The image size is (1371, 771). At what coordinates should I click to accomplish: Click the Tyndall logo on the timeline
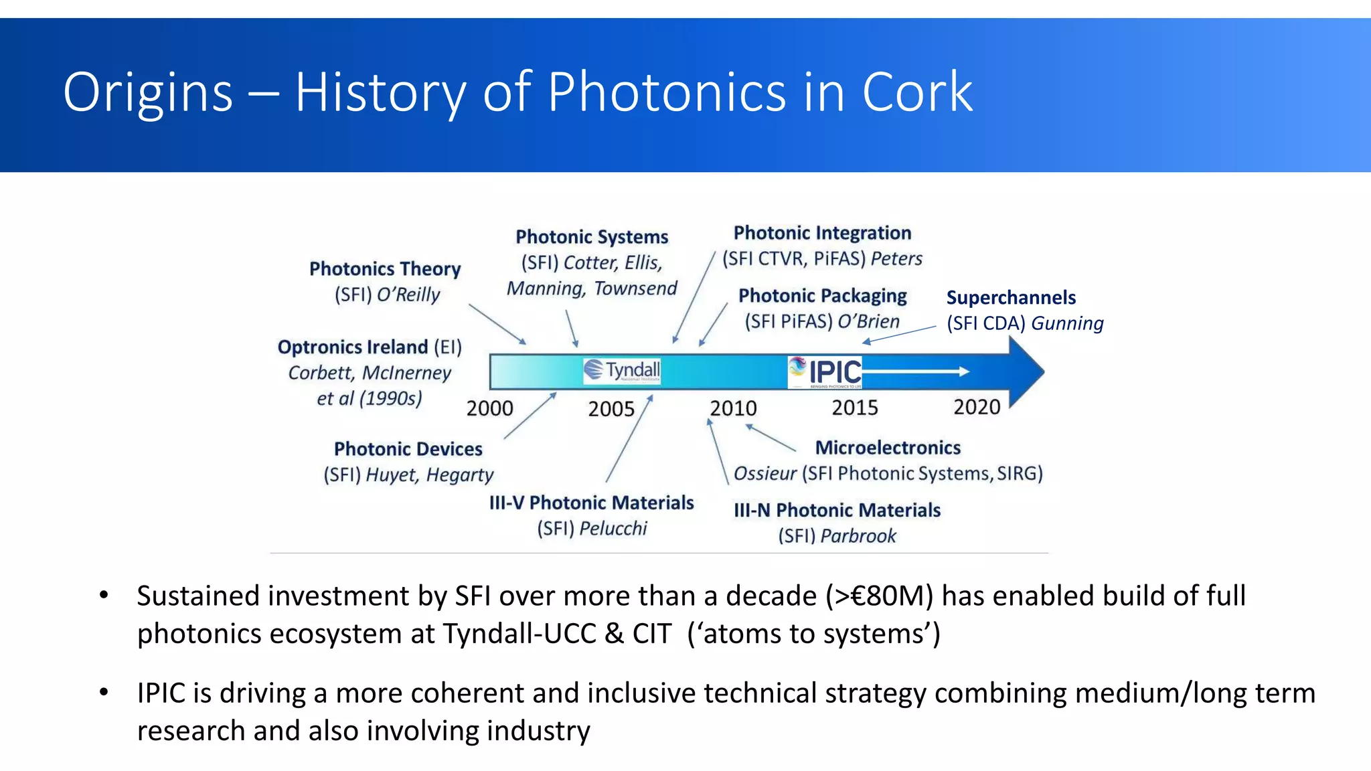[622, 371]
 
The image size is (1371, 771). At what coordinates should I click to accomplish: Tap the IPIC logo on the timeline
[825, 372]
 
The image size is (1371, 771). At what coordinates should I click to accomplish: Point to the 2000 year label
[490, 408]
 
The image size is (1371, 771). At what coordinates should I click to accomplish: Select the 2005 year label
[611, 409]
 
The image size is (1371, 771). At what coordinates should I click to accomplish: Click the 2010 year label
[733, 408]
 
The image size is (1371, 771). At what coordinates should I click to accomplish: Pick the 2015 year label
[855, 408]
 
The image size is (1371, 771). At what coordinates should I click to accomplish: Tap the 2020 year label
[977, 407]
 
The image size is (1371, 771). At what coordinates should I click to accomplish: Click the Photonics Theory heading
[385, 269]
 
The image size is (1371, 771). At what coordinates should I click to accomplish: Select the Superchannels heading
[1011, 298]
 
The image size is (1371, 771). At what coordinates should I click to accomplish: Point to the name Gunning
[1067, 324]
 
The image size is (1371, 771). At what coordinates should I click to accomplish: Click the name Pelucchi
[613, 529]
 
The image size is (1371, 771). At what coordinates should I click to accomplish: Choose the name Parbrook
[858, 536]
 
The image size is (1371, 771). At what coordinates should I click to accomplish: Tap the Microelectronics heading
[888, 448]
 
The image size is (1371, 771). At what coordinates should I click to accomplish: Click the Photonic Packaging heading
[822, 296]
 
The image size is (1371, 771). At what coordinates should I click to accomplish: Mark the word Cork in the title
[917, 92]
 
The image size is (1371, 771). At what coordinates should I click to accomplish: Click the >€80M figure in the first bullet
[879, 596]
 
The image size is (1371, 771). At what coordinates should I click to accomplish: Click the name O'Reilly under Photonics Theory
[408, 295]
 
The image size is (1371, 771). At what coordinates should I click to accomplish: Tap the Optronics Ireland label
[353, 347]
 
